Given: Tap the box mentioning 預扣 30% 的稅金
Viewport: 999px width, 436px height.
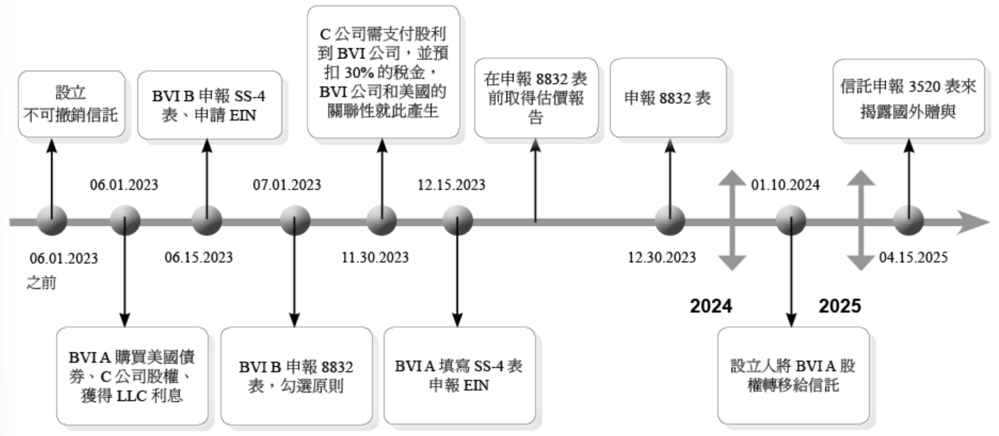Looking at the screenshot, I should [382, 72].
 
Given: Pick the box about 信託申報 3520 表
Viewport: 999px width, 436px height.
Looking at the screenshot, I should [909, 99].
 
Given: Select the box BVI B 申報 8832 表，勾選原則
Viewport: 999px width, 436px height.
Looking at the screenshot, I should [296, 376].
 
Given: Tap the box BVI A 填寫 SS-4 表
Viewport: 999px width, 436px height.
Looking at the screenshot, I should [459, 376].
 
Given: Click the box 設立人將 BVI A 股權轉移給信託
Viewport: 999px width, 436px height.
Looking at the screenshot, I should [793, 376].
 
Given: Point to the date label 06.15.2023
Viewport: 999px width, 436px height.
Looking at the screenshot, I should [198, 257].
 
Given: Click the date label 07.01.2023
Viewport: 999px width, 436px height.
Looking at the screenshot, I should [287, 186].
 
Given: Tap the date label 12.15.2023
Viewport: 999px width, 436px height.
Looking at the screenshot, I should [452, 186].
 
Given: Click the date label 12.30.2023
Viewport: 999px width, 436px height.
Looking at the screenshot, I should [661, 257].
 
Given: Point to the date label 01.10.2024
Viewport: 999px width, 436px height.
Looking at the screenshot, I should [786, 186].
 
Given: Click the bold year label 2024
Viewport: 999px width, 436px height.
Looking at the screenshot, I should [711, 307].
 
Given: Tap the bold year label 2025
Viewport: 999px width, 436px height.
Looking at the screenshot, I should [840, 307].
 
